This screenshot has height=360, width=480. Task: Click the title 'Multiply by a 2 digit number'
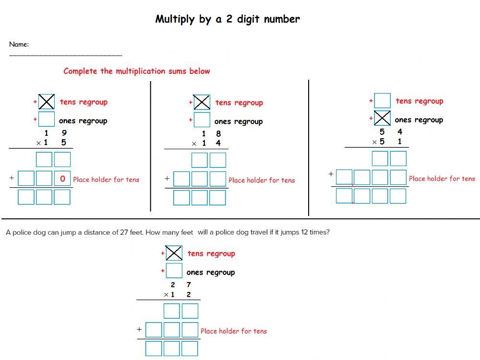(x=228, y=19)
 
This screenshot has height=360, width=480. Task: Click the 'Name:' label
(x=19, y=45)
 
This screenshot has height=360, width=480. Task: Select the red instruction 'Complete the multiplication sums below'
(x=137, y=71)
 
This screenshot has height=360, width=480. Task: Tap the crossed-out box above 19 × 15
(x=47, y=102)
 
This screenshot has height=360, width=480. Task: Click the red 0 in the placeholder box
(x=62, y=179)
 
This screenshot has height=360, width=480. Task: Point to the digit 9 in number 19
(x=64, y=133)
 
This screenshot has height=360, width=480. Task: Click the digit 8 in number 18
(x=218, y=134)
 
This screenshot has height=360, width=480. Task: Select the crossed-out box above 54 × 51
(x=382, y=118)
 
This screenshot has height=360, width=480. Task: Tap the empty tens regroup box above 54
(x=382, y=101)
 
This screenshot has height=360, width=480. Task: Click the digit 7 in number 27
(x=189, y=285)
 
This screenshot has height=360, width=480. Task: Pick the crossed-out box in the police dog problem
(x=174, y=253)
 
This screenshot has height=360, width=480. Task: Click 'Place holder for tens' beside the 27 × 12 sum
(x=234, y=331)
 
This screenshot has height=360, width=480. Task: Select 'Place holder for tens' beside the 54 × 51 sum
(x=442, y=179)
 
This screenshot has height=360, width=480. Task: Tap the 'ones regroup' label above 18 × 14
(x=239, y=121)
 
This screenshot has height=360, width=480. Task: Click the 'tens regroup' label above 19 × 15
(x=84, y=102)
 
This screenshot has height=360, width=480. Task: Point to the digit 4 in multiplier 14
(x=218, y=144)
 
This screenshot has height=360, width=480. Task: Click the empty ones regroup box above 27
(x=174, y=271)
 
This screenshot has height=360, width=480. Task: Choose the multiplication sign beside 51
(x=374, y=142)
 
